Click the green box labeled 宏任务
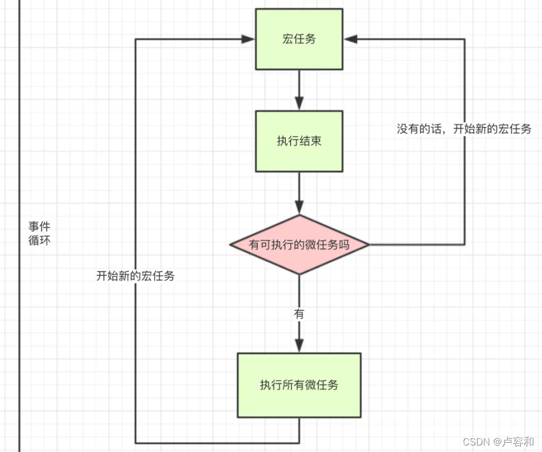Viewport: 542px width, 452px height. (299, 39)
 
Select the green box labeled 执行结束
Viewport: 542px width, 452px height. (299, 141)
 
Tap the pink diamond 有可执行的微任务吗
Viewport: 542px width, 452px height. (299, 244)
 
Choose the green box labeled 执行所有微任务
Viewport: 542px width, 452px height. (299, 385)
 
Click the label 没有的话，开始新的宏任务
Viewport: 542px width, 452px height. (464, 129)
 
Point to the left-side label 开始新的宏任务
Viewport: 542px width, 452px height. (136, 275)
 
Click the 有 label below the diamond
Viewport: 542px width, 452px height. (299, 314)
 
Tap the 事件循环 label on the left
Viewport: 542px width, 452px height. (39, 234)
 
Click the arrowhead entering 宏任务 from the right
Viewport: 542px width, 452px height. (350, 39)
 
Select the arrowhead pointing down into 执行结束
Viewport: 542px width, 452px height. (299, 104)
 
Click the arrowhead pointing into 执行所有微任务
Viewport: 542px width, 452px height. (299, 346)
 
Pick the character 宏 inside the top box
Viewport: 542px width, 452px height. (288, 39)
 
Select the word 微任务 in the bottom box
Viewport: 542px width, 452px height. (322, 385)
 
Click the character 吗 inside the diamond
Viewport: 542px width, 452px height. (344, 244)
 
